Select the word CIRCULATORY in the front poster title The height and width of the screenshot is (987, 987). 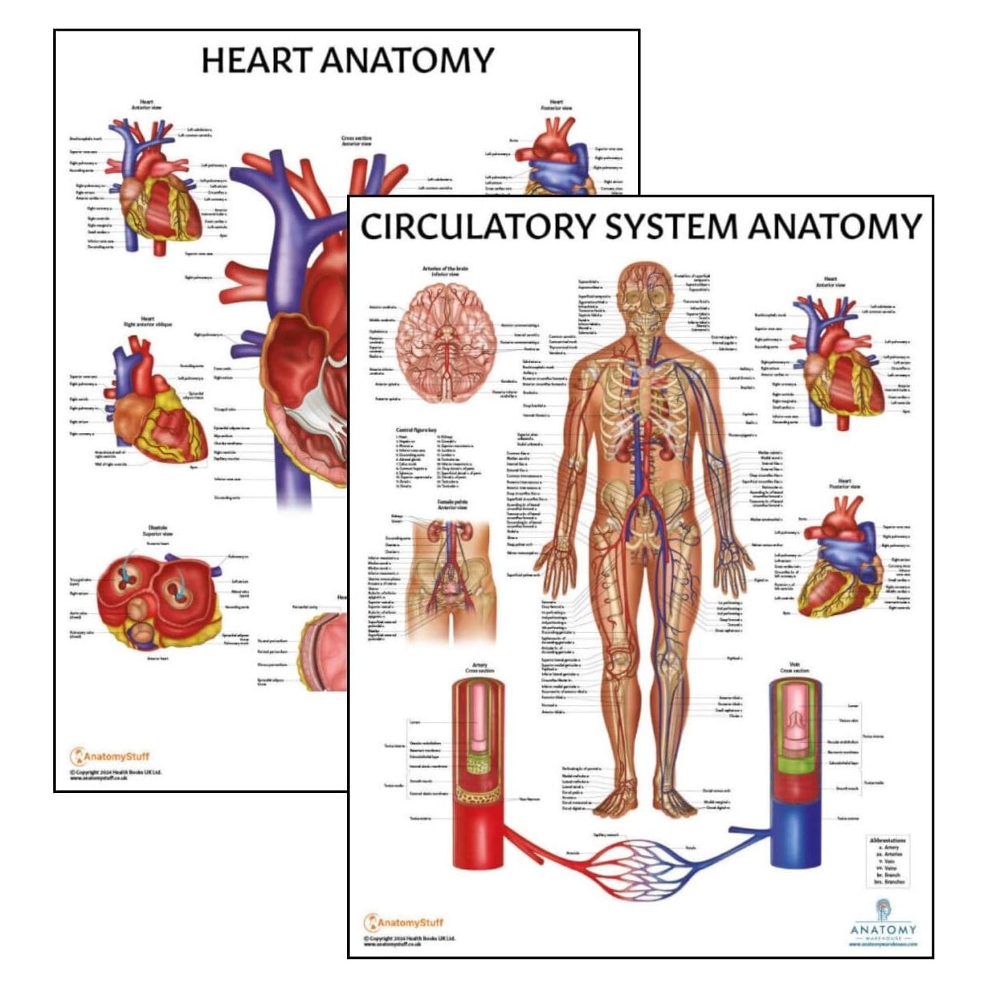click(x=471, y=227)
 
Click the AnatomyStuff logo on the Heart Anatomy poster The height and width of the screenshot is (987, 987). click(x=109, y=756)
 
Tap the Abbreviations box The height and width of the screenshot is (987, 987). click(x=888, y=861)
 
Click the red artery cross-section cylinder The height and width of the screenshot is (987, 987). click(x=478, y=772)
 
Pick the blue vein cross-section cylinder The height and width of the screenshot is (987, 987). click(x=796, y=772)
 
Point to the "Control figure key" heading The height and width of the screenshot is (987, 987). click(x=419, y=430)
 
